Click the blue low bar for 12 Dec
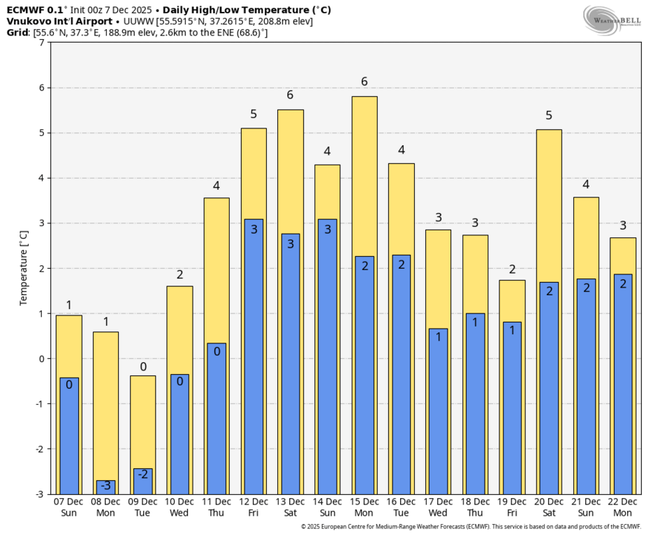pos(254,356)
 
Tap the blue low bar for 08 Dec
pos(105,487)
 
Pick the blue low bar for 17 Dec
pos(439,412)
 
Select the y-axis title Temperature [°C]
pos(23,269)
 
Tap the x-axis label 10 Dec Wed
pos(179,507)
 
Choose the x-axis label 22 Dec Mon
pos(623,507)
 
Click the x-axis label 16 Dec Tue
pos(402,507)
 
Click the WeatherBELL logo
pos(612,20)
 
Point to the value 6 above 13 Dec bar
pos(291,96)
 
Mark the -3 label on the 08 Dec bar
pos(105,486)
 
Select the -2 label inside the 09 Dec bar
pos(142,475)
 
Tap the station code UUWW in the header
pos(135,21)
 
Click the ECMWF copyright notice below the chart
pos(471,527)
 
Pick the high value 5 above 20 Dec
pos(550,116)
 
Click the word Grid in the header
pos(17,33)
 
